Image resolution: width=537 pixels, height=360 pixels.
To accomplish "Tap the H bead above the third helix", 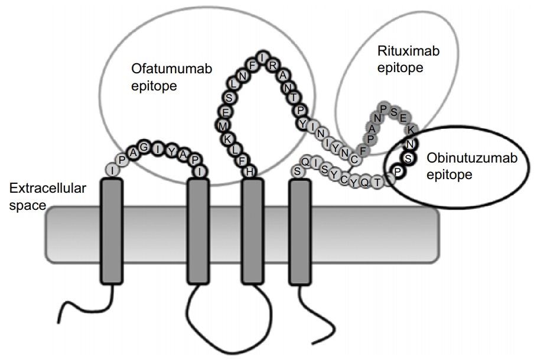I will (250, 171).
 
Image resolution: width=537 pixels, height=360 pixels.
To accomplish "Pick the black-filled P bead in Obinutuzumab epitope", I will (399, 171).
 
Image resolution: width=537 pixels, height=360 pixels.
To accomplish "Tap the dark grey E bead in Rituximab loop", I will (403, 118).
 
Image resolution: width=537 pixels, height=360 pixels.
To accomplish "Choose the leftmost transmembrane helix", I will (112, 231).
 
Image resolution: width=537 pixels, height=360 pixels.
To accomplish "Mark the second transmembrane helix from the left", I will (198, 231).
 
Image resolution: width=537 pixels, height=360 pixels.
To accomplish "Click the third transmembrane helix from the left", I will (253, 231).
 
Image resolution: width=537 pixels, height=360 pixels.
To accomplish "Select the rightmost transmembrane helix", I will (300, 231).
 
